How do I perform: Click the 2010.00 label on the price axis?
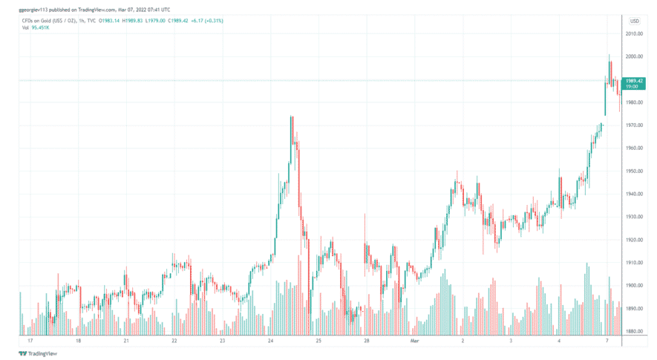(633, 33)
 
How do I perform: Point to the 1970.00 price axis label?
(633, 125)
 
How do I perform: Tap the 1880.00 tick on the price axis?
(633, 332)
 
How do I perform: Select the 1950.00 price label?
(633, 171)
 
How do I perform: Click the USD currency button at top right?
(635, 21)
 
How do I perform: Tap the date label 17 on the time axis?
(30, 341)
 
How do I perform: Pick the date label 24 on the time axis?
(270, 341)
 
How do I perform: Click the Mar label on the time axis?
(415, 341)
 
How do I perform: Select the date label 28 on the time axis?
(367, 341)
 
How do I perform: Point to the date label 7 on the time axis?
(607, 341)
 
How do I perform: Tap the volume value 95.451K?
(41, 27)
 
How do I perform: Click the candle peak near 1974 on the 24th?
(291, 117)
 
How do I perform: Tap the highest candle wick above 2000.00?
(609, 55)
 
